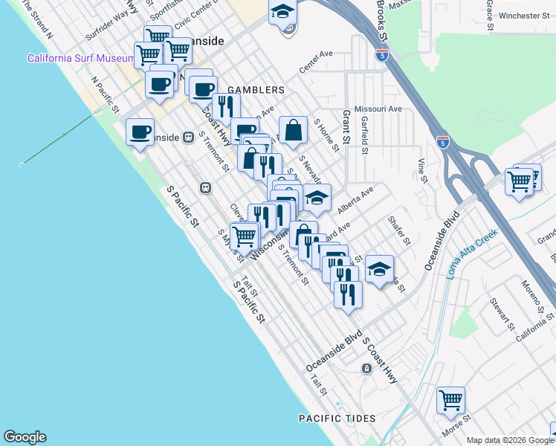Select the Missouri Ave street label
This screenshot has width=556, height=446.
click(378, 109)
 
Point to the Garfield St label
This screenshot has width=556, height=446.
click(365, 134)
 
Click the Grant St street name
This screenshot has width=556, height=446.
click(346, 127)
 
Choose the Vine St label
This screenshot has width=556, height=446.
click(421, 170)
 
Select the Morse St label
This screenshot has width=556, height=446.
click(456, 428)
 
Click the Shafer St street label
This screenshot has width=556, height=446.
click(398, 230)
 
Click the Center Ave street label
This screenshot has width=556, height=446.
click(315, 63)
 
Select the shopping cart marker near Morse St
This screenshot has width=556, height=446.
click(450, 401)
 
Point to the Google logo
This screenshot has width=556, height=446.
click(25, 437)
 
